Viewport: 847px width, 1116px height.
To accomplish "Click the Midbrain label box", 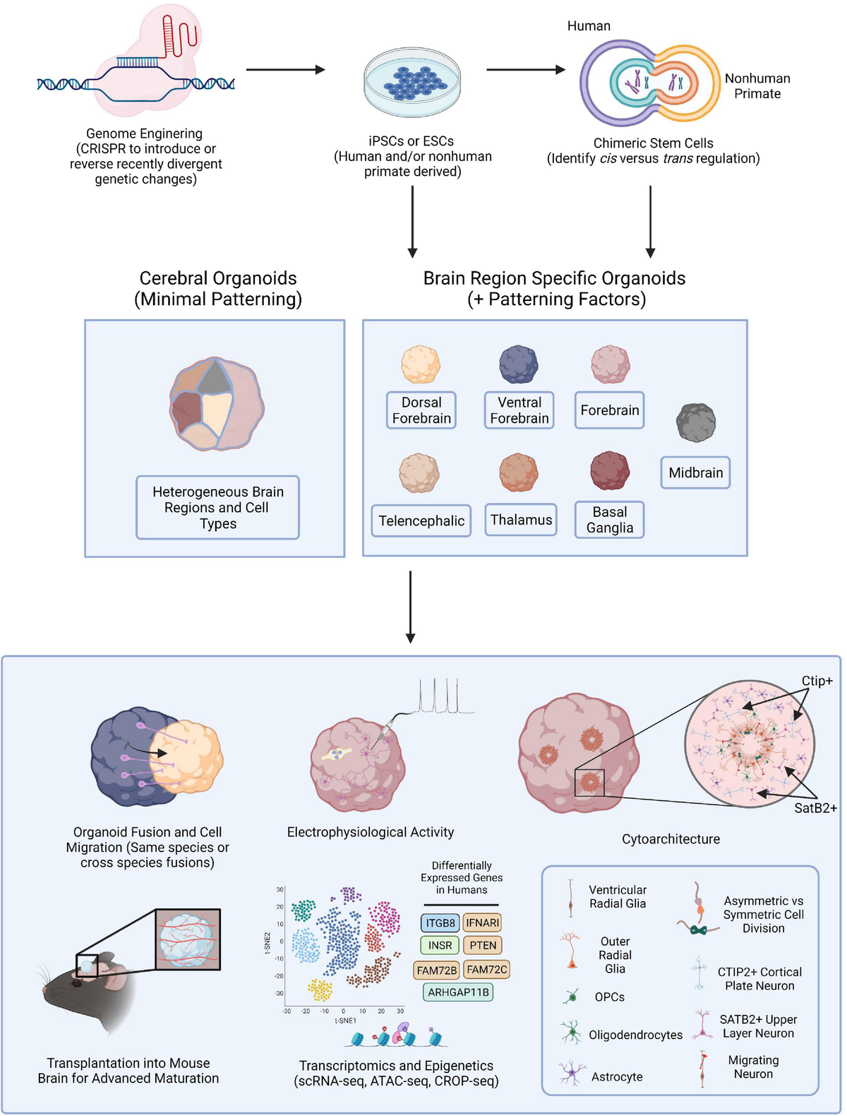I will point(695,473).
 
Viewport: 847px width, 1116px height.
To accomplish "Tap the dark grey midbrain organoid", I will point(696,422).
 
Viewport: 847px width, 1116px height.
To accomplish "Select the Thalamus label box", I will point(521,520).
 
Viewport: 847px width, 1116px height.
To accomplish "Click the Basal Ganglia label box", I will point(609,520).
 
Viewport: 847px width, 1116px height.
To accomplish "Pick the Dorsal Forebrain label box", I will point(421,410).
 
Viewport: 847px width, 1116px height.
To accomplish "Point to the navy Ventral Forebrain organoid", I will point(519,364).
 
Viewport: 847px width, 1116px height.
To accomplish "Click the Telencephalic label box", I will point(421,521).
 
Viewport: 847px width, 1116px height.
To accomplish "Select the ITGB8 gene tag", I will point(440,922).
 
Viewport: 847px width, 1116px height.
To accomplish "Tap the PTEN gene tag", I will point(483,945).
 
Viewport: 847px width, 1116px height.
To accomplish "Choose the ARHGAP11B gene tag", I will point(458,992).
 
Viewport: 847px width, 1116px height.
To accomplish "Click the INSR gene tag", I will point(440,945).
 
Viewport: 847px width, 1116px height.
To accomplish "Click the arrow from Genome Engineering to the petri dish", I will point(285,70).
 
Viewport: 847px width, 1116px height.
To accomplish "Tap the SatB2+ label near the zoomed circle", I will point(815,808).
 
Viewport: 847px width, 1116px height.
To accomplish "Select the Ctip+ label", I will point(817,681).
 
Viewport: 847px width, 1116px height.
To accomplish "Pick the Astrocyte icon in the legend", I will point(569,1072).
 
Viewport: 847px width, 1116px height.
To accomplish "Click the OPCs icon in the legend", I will point(571,997).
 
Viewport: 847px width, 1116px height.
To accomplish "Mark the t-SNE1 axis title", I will point(345,1021).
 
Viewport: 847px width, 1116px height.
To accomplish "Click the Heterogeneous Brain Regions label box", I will point(217,508).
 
